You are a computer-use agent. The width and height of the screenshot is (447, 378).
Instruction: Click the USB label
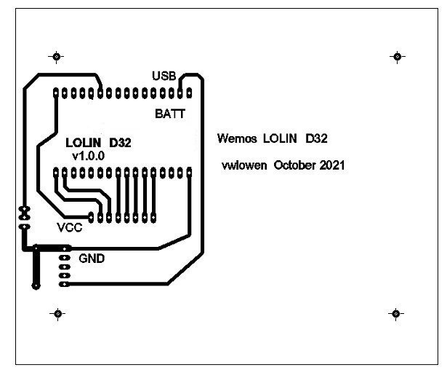click(164, 76)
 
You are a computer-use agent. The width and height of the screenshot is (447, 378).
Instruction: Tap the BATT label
click(170, 114)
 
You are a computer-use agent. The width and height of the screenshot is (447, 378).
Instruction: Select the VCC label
click(70, 227)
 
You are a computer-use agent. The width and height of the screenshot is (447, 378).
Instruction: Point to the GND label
click(92, 258)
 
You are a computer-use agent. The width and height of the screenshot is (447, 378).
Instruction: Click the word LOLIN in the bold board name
click(84, 143)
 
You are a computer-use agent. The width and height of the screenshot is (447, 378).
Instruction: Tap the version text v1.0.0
click(89, 156)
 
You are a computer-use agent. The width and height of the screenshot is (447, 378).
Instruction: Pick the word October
click(294, 165)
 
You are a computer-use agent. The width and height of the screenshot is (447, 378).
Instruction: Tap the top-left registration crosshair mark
click(57, 57)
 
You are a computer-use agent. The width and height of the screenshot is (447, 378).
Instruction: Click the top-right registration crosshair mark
click(396, 57)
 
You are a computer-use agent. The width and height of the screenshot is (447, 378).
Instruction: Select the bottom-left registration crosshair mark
click(57, 314)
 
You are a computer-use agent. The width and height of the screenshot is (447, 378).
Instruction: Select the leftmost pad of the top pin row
click(57, 92)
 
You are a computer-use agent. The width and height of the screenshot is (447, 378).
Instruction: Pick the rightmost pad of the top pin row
click(189, 92)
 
